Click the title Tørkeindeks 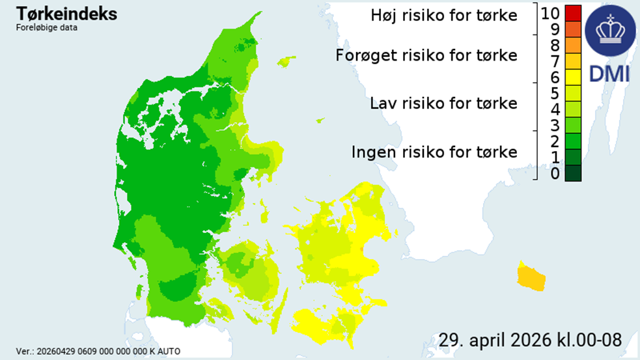pos(66,14)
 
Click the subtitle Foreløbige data pos(46,28)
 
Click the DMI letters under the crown pos(609,74)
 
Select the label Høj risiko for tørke pos(444,15)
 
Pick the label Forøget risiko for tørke pos(426,55)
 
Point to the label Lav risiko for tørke pos(443,104)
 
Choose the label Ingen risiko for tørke pos(434,152)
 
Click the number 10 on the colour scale pos(550,13)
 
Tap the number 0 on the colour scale pos(554,174)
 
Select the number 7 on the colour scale pos(554,62)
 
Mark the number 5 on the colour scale pos(554,94)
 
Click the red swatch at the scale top pos(573,13)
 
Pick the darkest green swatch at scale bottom pos(573,174)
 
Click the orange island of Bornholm pos(531,277)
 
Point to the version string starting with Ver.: pos(98,352)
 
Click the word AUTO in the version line pos(169,352)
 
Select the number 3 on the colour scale pos(554,126)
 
